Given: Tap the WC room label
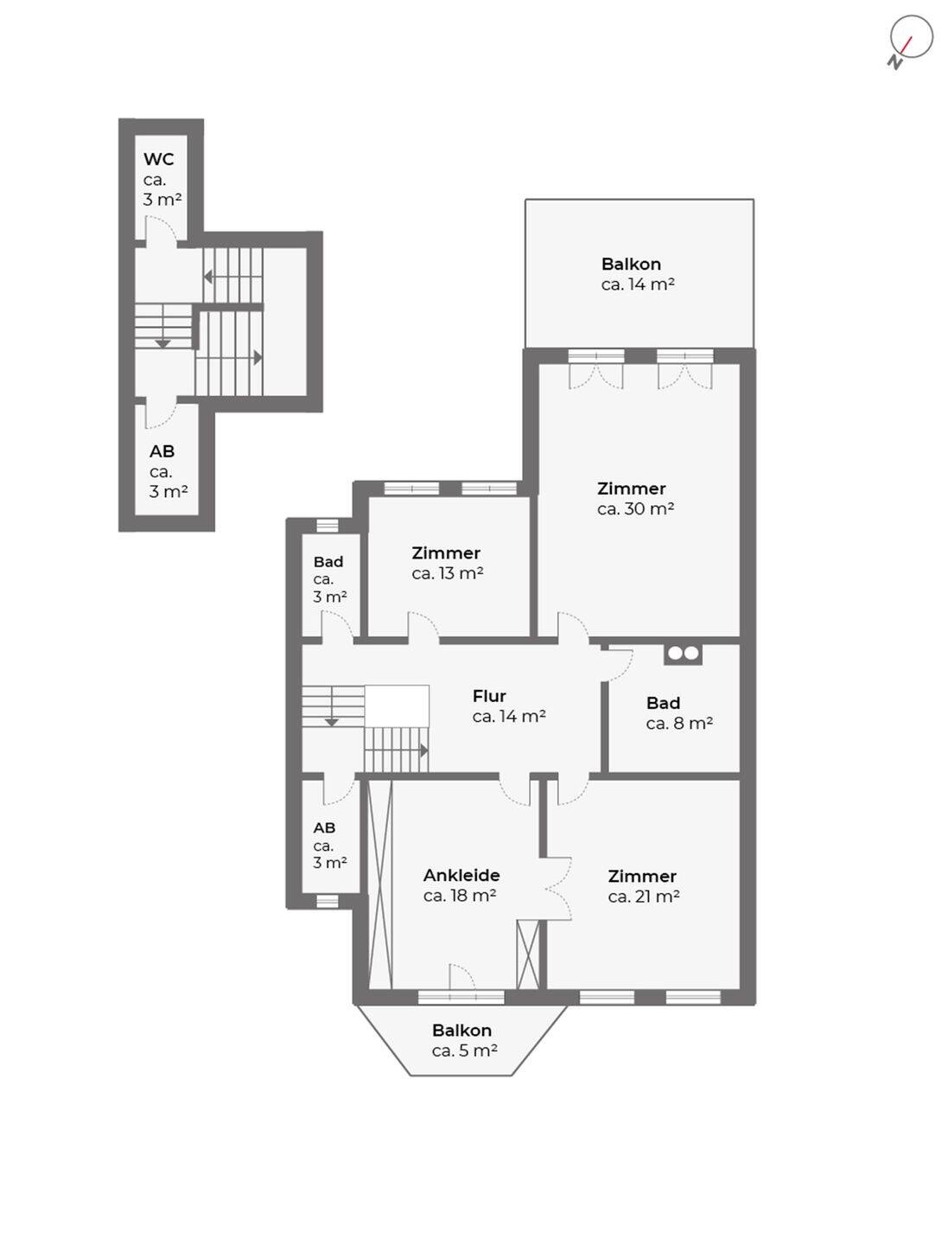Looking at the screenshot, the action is [x=159, y=159].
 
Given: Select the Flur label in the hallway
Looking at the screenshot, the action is [x=489, y=695].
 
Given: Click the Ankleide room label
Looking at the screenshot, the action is [x=461, y=875].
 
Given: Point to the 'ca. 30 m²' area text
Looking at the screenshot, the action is [x=635, y=508].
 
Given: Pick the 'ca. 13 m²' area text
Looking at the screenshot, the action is [x=448, y=573].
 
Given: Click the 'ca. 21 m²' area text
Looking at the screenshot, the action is [x=644, y=897].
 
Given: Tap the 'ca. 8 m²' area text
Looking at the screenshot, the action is [x=679, y=723].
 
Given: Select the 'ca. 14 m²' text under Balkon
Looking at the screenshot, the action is [x=638, y=284].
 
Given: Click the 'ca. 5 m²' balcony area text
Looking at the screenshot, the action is [x=464, y=1050].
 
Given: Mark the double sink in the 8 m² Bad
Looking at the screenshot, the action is [x=683, y=654].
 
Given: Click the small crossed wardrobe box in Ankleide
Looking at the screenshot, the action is [x=528, y=954].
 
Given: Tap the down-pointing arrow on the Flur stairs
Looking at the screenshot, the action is [x=331, y=722].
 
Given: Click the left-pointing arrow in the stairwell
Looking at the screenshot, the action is [x=208, y=277].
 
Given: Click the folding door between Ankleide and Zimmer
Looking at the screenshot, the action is [x=558, y=888].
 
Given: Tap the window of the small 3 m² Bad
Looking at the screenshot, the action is [x=328, y=526].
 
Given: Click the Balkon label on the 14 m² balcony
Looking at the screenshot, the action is [x=631, y=264].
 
